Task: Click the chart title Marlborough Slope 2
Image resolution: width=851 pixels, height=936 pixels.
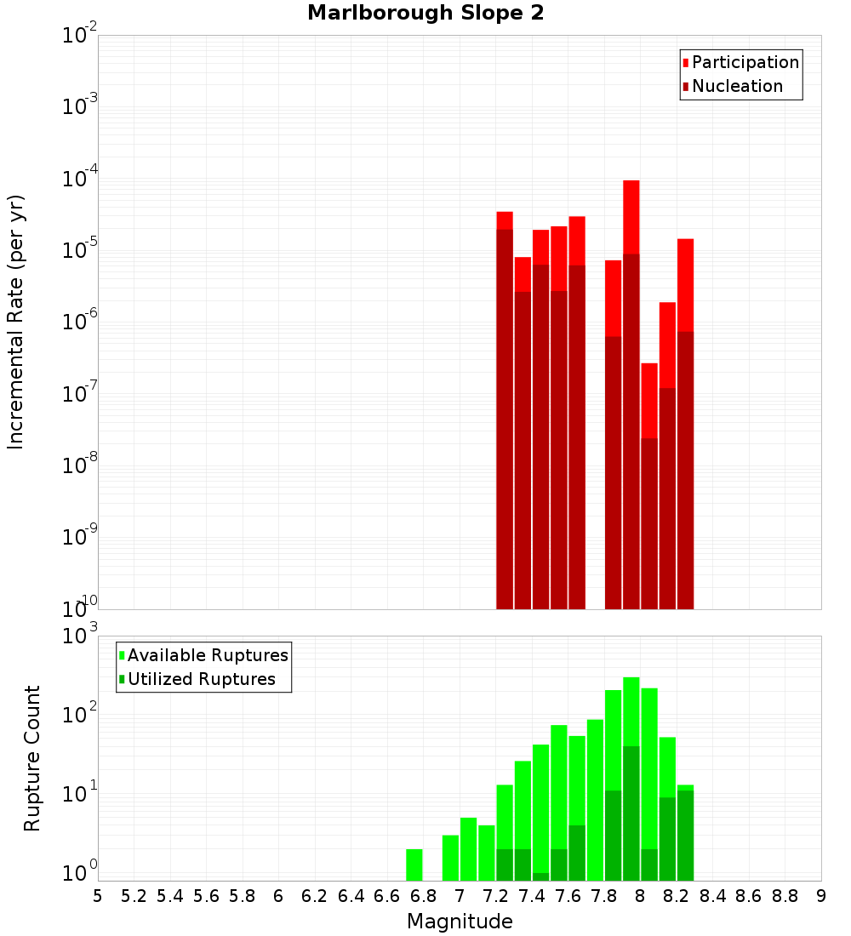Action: click(x=425, y=14)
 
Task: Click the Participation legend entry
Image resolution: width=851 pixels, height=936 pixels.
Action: click(x=745, y=63)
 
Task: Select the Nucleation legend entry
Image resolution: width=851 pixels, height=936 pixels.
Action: click(x=736, y=87)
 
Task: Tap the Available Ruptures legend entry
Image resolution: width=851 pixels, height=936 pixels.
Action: click(x=207, y=656)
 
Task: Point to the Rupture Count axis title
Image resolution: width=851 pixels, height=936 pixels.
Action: click(x=32, y=757)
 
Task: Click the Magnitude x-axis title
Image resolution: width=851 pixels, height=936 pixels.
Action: click(x=460, y=922)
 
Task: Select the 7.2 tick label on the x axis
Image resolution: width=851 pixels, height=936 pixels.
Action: click(x=495, y=896)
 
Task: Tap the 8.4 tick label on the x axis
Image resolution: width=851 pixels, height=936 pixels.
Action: click(x=712, y=896)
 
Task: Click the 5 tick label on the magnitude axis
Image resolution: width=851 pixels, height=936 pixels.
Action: click(x=98, y=896)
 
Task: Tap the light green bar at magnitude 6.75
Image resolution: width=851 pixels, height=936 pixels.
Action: click(x=414, y=865)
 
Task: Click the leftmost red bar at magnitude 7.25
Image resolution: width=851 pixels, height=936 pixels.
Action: click(x=505, y=408)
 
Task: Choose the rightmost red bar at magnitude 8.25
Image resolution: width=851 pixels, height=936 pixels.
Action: click(x=685, y=425)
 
